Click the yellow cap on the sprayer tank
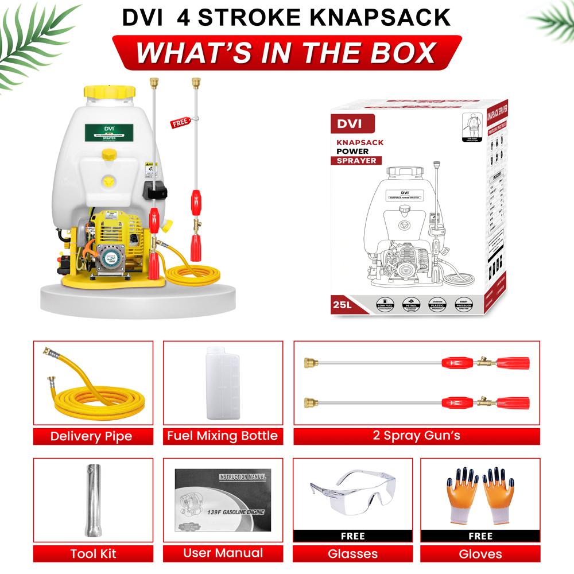pyautogui.click(x=110, y=91)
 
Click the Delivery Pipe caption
pyautogui.click(x=91, y=436)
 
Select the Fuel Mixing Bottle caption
pyautogui.click(x=222, y=436)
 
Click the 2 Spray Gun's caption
pyautogui.click(x=416, y=436)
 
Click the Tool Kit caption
pyautogui.click(x=93, y=554)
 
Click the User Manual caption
pyautogui.click(x=223, y=553)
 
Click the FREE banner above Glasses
pyautogui.click(x=352, y=536)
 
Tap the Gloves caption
pyautogui.click(x=480, y=554)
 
